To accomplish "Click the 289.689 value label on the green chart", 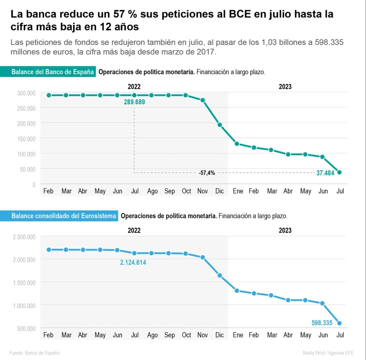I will tap(134, 102).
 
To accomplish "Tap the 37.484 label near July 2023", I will tap(325, 173).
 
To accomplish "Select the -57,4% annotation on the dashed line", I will tap(207, 173).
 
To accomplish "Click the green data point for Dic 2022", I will tap(220, 125).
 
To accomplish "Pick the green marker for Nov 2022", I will tap(202, 100).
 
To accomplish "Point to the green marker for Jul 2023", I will tap(339, 172).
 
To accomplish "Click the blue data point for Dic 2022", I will tap(220, 275).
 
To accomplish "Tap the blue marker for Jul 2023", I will tap(339, 323).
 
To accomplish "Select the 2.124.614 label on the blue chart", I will tap(133, 262).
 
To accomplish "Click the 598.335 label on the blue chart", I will tap(322, 323).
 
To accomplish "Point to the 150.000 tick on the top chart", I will tap(26, 139).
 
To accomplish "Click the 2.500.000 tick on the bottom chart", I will tap(24, 237).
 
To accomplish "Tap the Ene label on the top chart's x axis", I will tap(238, 191).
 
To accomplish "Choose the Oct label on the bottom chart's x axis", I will tap(186, 335).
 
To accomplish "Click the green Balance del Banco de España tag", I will tap(52, 72).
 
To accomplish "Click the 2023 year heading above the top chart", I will tap(285, 87).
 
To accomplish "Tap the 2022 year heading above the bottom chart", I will tap(134, 230).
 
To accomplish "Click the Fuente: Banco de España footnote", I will tap(34, 353).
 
